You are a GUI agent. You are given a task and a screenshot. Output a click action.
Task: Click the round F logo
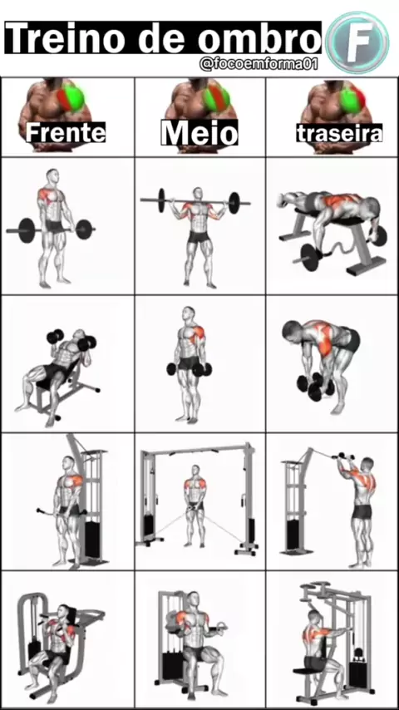(357, 42)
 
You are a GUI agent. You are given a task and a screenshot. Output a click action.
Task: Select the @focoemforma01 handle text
(259, 65)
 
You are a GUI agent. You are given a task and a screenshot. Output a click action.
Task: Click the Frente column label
(66, 133)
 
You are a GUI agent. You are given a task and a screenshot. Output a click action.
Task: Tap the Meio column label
(199, 133)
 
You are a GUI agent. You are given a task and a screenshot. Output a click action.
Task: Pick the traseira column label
(339, 133)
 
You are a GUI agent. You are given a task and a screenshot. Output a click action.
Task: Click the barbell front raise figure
(55, 228)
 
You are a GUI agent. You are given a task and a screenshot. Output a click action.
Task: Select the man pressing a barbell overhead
(199, 235)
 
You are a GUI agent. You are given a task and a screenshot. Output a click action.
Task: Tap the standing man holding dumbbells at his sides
(191, 364)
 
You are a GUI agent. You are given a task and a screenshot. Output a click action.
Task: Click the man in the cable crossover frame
(195, 505)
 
